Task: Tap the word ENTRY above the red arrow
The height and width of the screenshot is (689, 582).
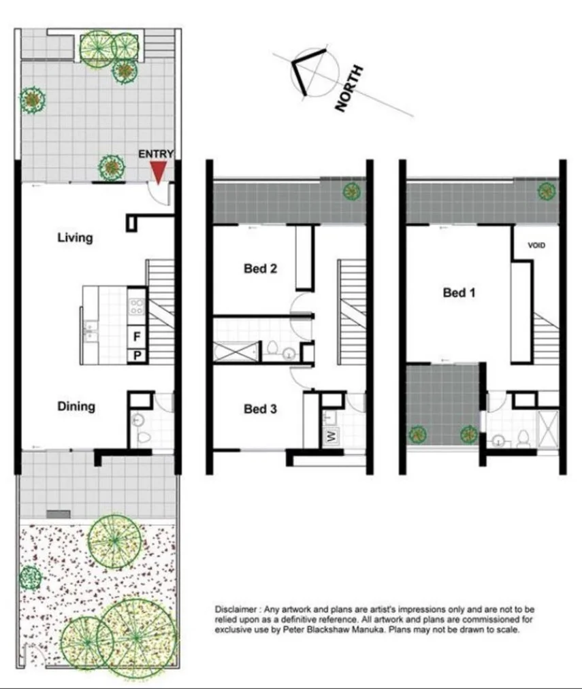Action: point(156,154)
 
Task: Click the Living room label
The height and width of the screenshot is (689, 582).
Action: point(75,238)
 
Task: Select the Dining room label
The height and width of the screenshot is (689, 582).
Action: point(76,407)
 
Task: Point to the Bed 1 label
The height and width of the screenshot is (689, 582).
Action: point(459,293)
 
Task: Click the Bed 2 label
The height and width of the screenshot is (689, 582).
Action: point(260,269)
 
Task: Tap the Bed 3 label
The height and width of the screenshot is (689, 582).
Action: point(260,409)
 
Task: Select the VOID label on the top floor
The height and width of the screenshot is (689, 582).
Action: point(536,246)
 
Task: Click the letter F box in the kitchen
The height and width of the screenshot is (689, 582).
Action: point(137,336)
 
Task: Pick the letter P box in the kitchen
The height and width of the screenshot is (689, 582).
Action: point(137,355)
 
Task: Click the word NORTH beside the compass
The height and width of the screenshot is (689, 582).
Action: point(349,88)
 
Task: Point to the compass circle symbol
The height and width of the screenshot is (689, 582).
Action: point(314,73)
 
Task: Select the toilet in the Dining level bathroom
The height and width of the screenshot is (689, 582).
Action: point(144,436)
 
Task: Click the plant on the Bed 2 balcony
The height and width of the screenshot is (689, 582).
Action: point(351,192)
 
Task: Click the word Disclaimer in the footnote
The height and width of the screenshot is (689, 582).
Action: point(236,609)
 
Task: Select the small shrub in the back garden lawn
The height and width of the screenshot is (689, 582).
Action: point(30,578)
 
